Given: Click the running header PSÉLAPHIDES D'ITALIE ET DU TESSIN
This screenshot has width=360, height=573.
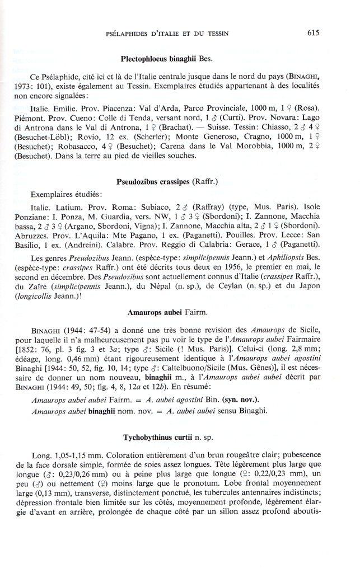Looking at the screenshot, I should point(167,34).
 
